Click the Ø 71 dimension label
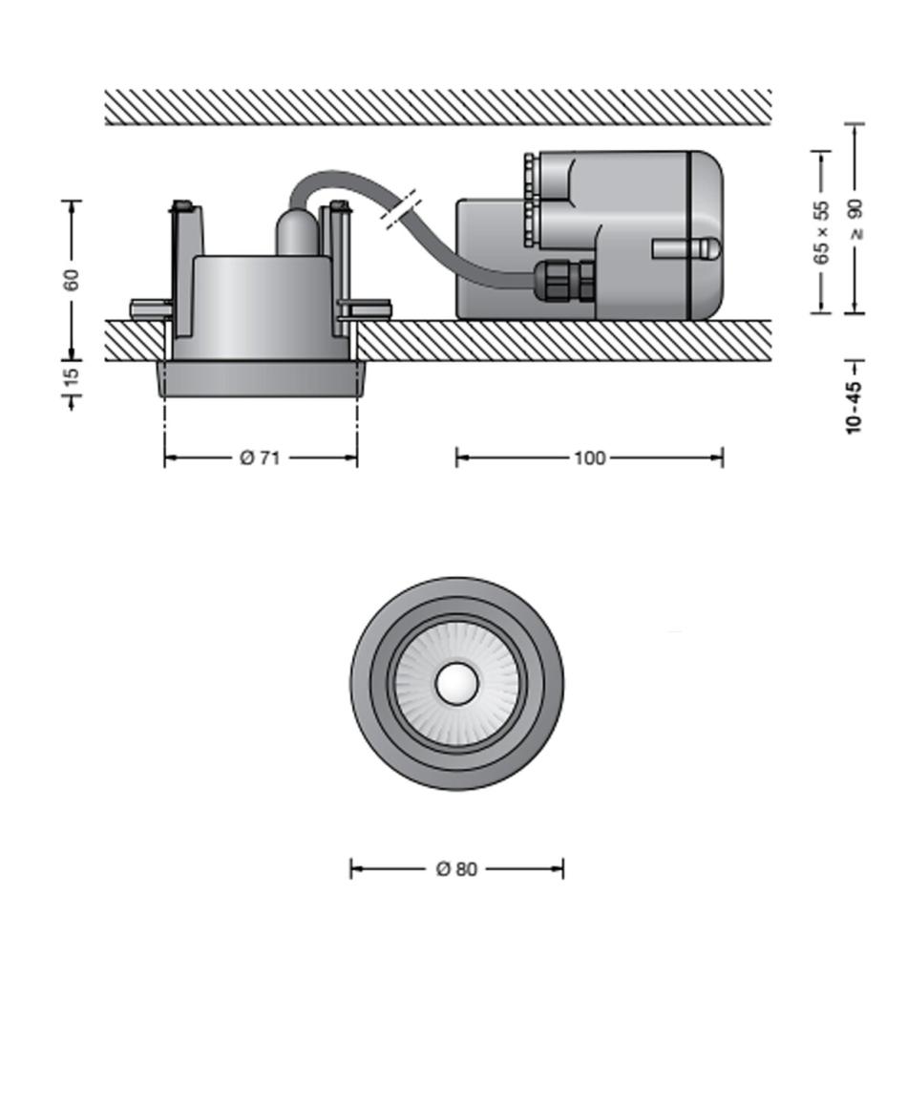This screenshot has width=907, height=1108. click(x=260, y=458)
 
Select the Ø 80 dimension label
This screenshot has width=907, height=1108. click(x=457, y=868)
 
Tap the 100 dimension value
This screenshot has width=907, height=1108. click(x=589, y=458)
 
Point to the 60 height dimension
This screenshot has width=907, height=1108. click(x=72, y=279)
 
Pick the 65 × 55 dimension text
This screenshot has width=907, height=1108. click(x=821, y=232)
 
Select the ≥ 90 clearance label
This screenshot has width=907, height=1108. click(x=854, y=220)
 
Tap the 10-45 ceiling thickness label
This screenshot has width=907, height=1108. click(x=854, y=406)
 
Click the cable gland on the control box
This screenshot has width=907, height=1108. click(x=565, y=281)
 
